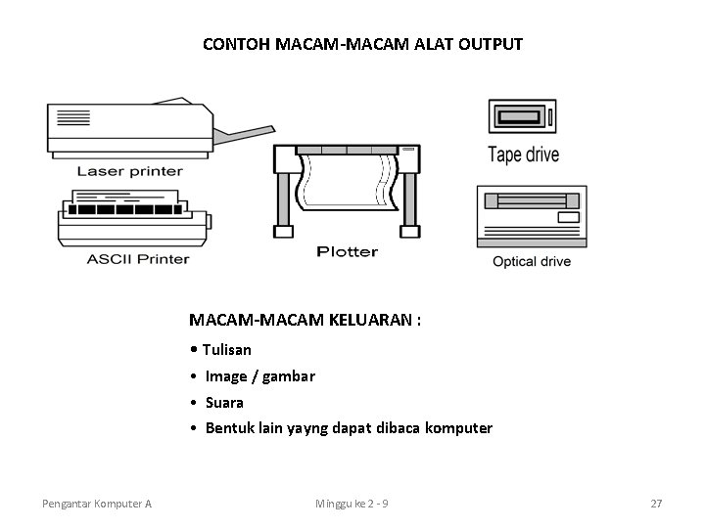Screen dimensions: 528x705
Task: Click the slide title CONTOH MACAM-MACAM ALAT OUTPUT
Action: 362,44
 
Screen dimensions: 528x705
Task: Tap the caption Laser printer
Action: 130,171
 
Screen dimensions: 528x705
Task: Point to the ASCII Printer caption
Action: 137,259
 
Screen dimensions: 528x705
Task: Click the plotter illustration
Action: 349,186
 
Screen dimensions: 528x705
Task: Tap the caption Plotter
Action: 347,251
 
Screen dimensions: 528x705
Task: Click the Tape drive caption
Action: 523,154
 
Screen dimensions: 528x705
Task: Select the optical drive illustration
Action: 531,215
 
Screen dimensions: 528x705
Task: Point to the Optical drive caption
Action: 531,261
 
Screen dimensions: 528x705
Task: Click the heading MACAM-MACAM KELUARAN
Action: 305,320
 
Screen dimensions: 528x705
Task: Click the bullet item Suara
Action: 224,402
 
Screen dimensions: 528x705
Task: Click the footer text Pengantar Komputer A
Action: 97,504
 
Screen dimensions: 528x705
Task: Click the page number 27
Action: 656,504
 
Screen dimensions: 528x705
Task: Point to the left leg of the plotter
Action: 281,200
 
